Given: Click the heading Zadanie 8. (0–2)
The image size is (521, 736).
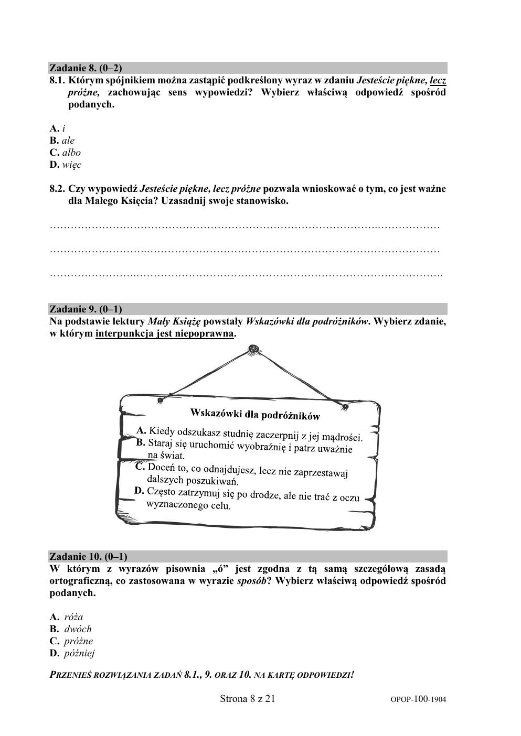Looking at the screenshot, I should click(86, 68).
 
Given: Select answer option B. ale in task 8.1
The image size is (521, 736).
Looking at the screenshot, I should click(62, 140).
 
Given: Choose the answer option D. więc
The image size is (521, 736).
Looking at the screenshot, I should click(66, 165).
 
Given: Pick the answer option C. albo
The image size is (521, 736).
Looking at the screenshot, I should click(65, 153).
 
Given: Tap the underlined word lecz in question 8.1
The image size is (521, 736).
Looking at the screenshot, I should click(438, 81).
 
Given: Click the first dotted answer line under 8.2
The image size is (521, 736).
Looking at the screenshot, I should click(244, 226).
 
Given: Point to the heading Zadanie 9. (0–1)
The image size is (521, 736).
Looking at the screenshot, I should click(86, 309).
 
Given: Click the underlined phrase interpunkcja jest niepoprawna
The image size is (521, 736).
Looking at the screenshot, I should click(164, 333).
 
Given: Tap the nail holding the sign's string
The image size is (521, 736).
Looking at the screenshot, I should click(253, 348).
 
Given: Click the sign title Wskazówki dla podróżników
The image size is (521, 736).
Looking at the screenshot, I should click(255, 414).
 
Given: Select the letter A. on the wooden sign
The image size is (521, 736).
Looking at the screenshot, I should click(141, 430).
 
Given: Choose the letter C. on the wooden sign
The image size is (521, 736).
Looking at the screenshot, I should click(140, 466).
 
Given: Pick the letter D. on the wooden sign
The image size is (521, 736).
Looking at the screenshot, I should click(139, 491).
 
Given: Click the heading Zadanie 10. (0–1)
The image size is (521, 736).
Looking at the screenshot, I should click(88, 556).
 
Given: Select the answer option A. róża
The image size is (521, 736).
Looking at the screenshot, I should click(67, 617).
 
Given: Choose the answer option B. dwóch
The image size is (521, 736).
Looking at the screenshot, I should click(71, 629).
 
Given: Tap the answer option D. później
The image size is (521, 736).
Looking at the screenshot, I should click(72, 653).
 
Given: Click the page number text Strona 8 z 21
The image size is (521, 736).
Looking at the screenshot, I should click(247, 698).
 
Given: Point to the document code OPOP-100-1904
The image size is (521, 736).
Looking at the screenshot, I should click(418, 699).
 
